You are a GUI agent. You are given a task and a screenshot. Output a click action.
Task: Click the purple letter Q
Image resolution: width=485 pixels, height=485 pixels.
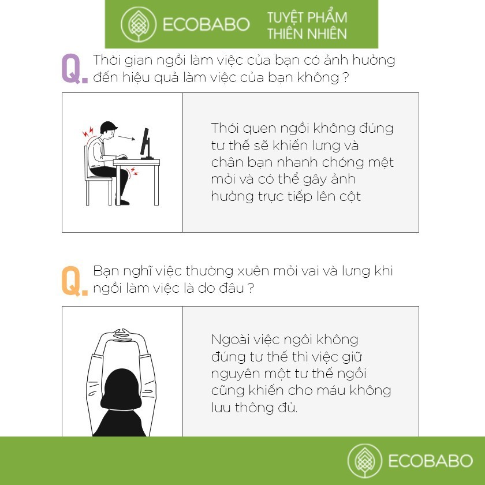[72, 68]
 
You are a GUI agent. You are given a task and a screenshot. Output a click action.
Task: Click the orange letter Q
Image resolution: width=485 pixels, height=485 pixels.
[72, 281]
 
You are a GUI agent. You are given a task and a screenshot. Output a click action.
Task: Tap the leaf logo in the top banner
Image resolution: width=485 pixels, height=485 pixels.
[138, 24]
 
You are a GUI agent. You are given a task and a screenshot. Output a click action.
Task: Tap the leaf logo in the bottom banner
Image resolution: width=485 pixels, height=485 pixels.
[365, 461]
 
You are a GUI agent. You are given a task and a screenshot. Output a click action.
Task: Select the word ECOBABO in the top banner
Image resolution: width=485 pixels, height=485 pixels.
[206, 24]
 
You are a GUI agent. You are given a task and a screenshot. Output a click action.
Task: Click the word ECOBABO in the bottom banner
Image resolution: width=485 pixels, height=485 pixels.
[430, 461]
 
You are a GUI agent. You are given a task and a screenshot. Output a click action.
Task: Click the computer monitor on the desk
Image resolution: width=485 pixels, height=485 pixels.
[146, 144]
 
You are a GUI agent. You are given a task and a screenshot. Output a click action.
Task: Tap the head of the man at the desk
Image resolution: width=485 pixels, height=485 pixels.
[109, 129]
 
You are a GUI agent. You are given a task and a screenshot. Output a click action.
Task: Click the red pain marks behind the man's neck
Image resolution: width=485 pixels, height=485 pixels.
[88, 132]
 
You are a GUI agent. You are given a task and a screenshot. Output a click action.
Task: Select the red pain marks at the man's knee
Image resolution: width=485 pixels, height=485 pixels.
[134, 171]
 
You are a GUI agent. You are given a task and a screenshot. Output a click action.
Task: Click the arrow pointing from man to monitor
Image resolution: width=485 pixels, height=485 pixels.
[126, 137]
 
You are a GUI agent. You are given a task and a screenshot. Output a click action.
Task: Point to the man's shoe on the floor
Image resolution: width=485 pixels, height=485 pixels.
[122, 202]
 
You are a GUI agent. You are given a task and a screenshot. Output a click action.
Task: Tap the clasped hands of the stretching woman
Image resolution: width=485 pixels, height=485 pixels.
[123, 335]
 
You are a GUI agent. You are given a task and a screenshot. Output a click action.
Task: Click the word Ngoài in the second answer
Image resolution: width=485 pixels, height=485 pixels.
[230, 339]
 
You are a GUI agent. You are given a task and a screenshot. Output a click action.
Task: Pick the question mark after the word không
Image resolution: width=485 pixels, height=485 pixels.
[346, 77]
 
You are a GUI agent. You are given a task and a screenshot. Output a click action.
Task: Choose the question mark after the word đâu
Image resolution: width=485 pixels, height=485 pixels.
[251, 288]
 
